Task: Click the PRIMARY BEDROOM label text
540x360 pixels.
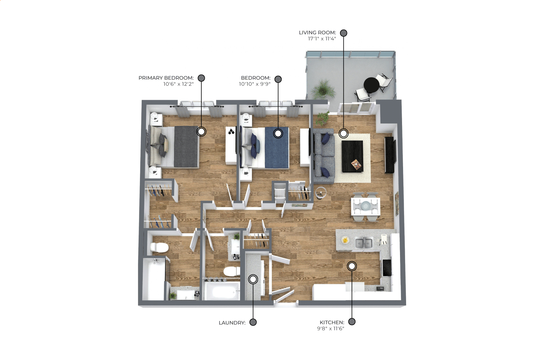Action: (x=166, y=78)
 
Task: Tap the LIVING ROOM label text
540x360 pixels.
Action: (x=317, y=33)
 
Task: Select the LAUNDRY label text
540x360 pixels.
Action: (x=232, y=323)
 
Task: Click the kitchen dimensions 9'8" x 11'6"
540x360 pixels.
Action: (x=331, y=328)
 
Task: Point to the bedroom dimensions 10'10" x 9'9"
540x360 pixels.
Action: (x=255, y=84)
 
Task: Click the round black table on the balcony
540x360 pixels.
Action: (x=371, y=85)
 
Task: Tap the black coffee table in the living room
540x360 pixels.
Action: (x=352, y=156)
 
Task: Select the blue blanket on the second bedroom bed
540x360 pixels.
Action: (x=277, y=147)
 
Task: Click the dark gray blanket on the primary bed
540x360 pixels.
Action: (x=186, y=147)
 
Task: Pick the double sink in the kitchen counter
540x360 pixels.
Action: (x=364, y=243)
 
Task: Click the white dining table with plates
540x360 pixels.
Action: (x=366, y=206)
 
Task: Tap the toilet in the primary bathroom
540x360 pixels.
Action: (x=159, y=247)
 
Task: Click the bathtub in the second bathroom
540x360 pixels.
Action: (x=222, y=291)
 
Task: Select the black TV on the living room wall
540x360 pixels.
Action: (x=390, y=155)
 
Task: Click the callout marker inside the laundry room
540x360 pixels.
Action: (x=253, y=279)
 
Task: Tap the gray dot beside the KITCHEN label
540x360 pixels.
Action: (x=352, y=322)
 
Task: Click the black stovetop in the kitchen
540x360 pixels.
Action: (x=386, y=267)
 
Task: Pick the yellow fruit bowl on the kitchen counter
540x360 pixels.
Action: (x=345, y=240)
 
